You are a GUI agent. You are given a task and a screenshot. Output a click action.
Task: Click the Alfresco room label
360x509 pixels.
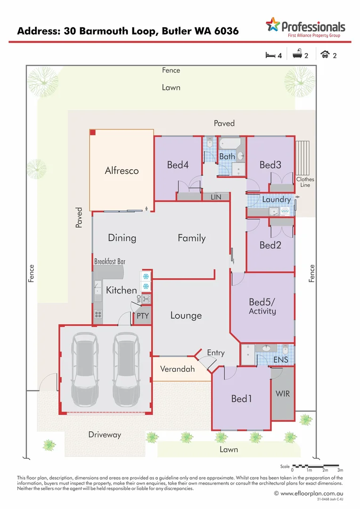click(x=122, y=171)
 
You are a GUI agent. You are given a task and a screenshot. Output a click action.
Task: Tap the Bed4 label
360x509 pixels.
click(x=178, y=165)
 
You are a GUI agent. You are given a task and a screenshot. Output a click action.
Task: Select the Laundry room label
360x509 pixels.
click(x=276, y=199)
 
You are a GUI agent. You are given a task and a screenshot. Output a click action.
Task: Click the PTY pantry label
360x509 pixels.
click(x=142, y=316)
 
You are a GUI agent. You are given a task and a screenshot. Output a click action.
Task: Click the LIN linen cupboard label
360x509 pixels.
click(x=216, y=197)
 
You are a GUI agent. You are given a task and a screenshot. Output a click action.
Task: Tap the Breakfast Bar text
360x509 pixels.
click(x=109, y=261)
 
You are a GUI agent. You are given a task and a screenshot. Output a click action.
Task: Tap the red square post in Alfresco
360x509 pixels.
click(x=93, y=133)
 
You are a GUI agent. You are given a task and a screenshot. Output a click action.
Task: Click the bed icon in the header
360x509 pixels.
click(x=270, y=55)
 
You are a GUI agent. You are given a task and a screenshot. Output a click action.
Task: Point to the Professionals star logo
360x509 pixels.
click(x=272, y=24)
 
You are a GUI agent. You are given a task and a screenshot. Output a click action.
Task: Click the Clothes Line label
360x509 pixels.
click(x=305, y=182)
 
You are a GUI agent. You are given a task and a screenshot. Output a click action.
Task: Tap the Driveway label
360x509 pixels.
click(x=105, y=435)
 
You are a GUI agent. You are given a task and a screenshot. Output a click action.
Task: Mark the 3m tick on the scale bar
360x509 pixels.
click(x=340, y=470)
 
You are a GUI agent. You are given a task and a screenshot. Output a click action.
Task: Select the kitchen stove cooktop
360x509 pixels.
click(x=98, y=314)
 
